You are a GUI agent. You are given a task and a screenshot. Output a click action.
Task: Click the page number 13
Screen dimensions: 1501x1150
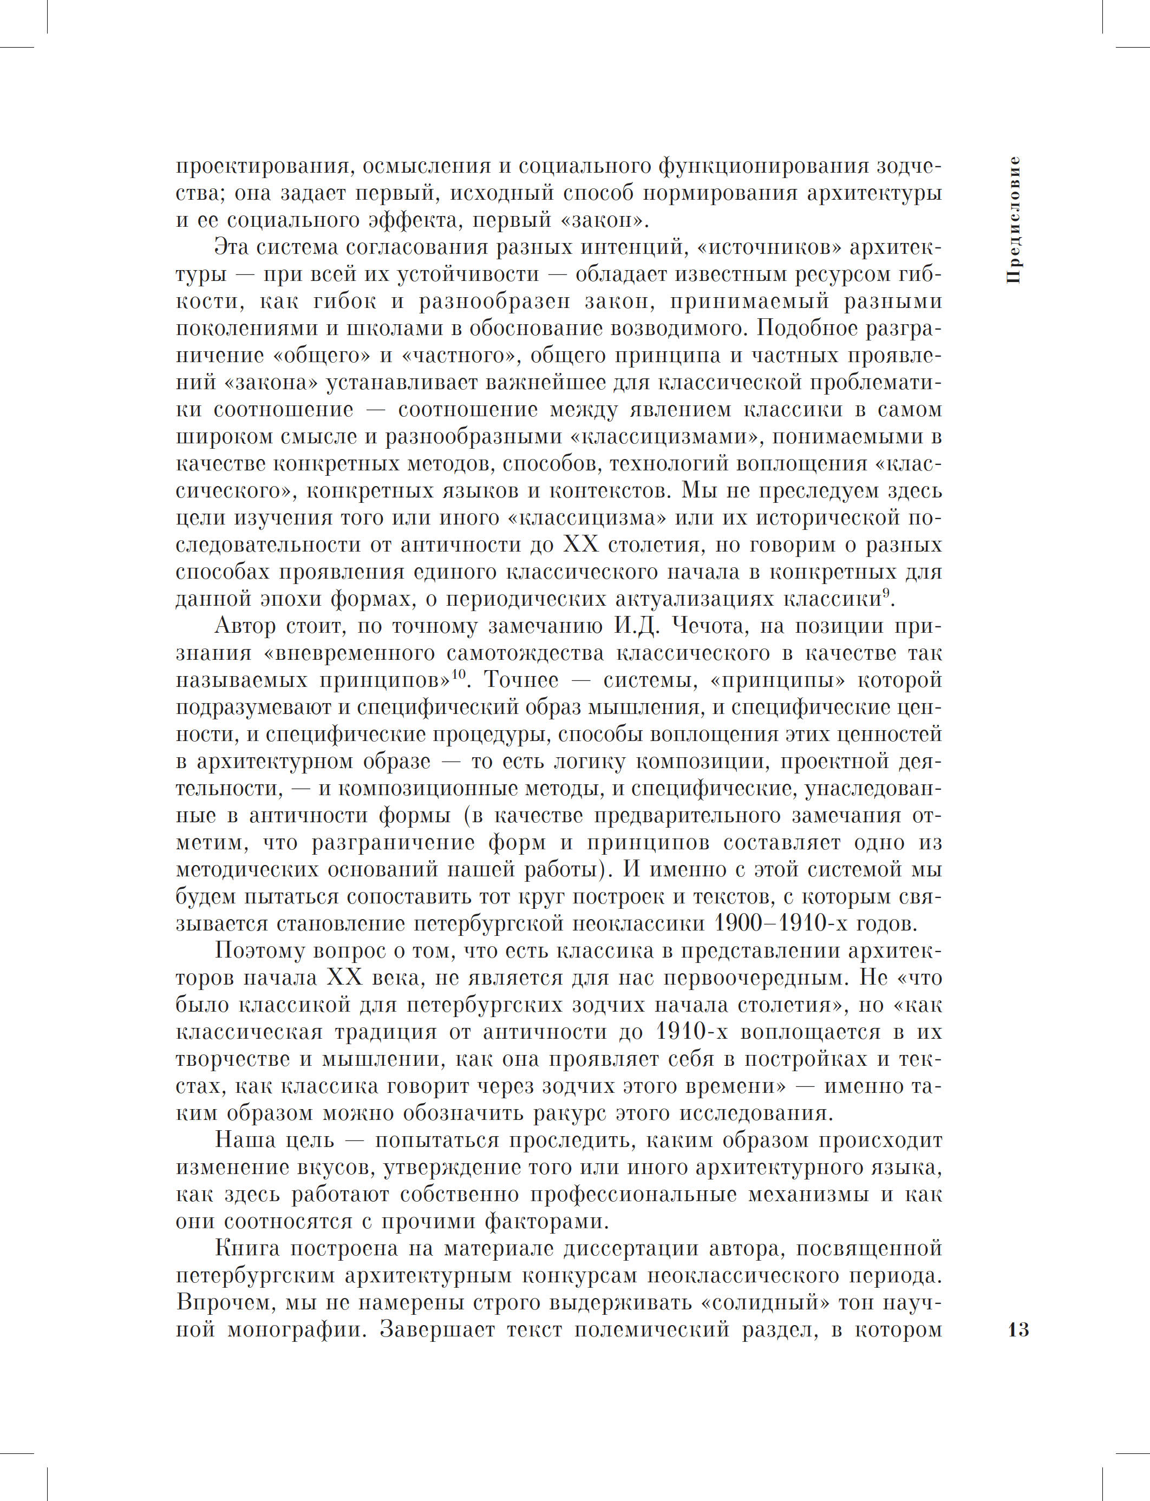(1018, 1330)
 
